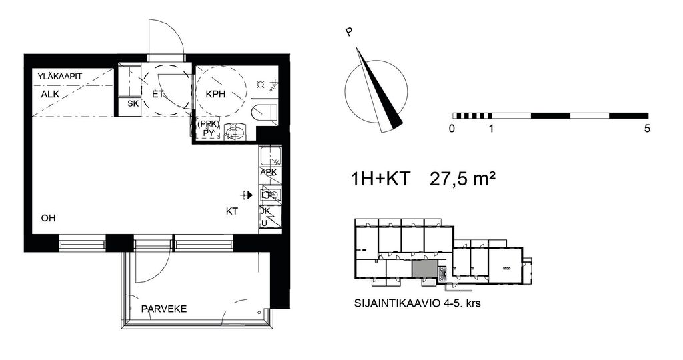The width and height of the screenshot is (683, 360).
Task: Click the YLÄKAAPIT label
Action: pos(59,77)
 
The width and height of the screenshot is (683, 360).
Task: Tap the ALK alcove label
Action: pos(50,95)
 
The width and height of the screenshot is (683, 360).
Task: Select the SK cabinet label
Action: pos(133,104)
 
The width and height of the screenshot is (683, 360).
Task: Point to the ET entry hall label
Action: pos(157,93)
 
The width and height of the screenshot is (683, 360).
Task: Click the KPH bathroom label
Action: pos(215,93)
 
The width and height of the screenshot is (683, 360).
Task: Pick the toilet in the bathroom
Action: pos(264,113)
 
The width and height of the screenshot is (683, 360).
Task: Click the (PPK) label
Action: pos(209,124)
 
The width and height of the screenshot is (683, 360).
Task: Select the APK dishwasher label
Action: pos(269,173)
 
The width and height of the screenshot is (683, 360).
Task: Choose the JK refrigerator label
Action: pos(265,211)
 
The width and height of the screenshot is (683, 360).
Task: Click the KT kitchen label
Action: pos(232,211)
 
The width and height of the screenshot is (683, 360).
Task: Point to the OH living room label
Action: pos(48,218)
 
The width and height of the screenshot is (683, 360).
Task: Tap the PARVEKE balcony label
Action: pos(164,309)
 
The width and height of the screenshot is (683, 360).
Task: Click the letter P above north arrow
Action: pos(348,32)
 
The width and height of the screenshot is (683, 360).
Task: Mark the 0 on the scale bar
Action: pos(452,129)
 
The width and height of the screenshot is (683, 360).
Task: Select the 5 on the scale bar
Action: pos(647,129)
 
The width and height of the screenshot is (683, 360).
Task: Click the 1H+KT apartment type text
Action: pos(380,179)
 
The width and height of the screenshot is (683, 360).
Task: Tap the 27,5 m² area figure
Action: pos(463,179)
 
